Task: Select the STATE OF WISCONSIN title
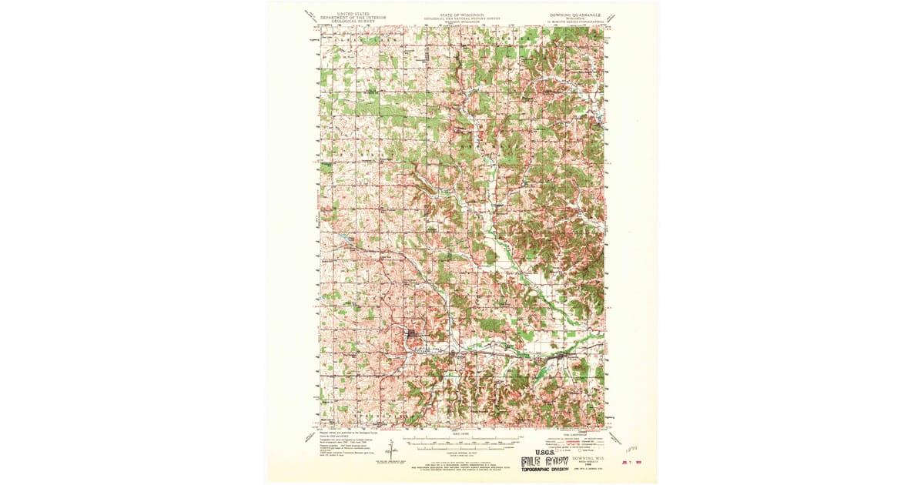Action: pos(461,13)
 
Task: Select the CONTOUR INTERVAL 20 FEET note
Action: pos(462,456)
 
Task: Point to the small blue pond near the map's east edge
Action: pos(598,118)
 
